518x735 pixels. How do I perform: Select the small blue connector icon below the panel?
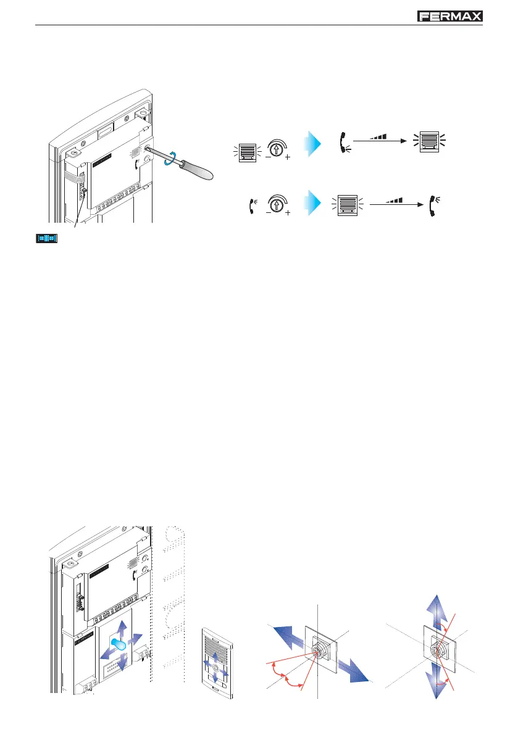[46, 238]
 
